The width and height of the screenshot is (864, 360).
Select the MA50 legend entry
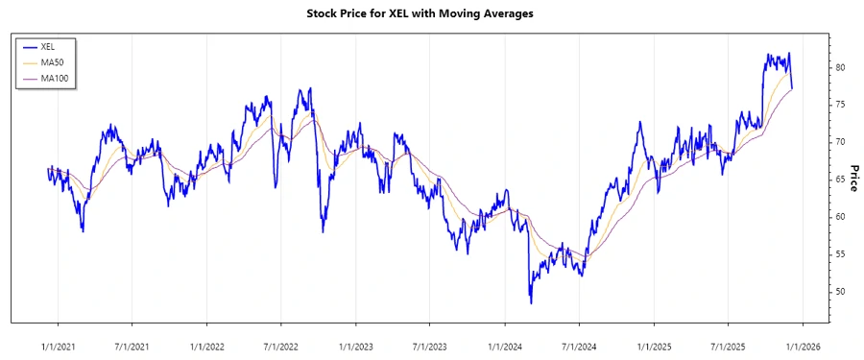53,61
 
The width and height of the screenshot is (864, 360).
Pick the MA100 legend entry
55,77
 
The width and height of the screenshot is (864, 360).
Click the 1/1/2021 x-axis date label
58,343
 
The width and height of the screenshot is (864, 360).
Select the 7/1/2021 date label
132,343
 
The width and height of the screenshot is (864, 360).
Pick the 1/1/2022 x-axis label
207,343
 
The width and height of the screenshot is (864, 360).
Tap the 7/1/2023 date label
430,343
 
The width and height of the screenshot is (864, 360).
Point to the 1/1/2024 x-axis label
505,343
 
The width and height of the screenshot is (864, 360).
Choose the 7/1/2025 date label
729,343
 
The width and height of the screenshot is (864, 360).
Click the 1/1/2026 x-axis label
804,343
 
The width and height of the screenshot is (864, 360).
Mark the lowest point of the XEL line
531,303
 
